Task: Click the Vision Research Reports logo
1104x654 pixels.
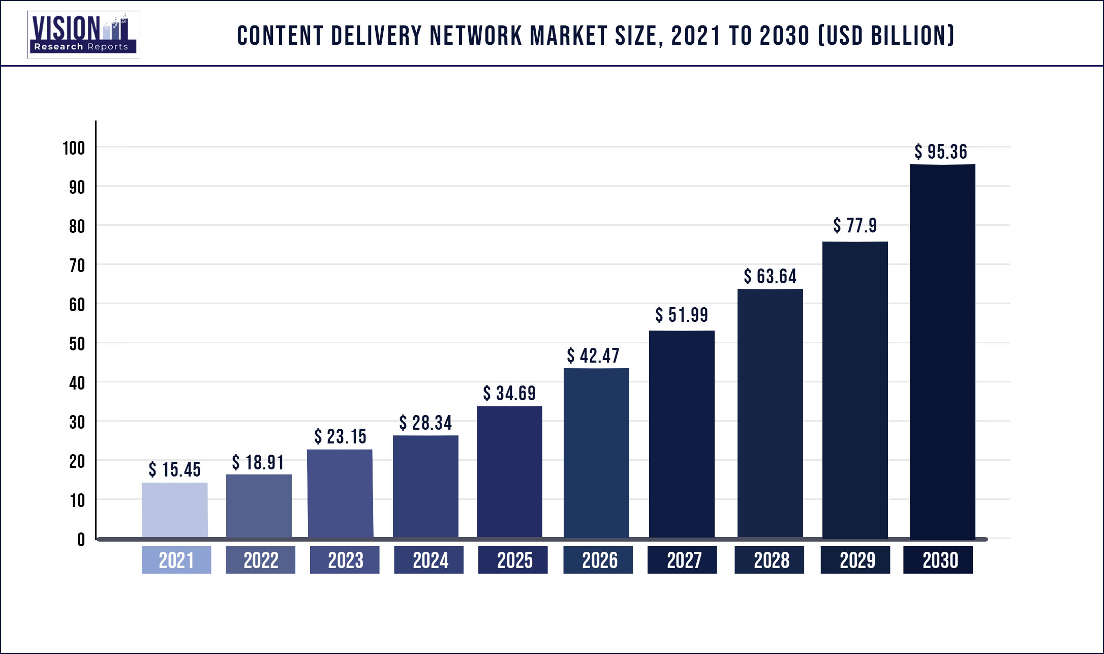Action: (x=83, y=35)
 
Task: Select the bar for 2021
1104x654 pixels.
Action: (x=174, y=510)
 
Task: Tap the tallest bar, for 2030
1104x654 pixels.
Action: (x=942, y=351)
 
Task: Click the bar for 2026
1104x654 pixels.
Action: (x=596, y=453)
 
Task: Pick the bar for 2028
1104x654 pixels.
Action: (x=770, y=413)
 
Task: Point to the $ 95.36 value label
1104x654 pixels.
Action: (x=941, y=152)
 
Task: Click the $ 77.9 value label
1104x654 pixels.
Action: (x=855, y=225)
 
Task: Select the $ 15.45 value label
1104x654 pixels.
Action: (x=174, y=469)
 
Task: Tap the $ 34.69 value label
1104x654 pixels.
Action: (x=509, y=393)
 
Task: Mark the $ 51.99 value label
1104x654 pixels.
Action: (x=681, y=315)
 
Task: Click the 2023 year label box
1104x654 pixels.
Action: (x=345, y=560)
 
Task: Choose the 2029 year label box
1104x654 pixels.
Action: (x=855, y=560)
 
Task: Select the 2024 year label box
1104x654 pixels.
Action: (x=428, y=560)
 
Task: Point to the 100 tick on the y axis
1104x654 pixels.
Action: (x=74, y=148)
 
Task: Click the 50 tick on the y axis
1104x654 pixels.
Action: (x=77, y=344)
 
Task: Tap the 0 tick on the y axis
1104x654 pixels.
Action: (x=81, y=540)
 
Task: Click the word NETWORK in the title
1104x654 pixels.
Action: (x=476, y=36)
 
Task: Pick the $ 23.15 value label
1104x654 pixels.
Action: (x=340, y=436)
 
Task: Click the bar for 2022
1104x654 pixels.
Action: (x=259, y=506)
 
